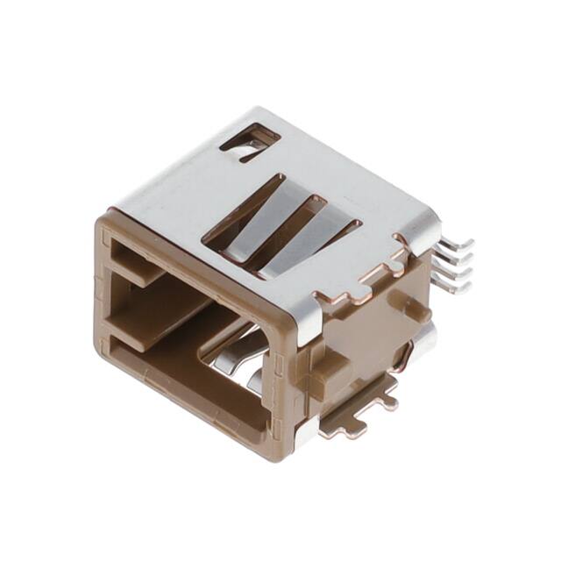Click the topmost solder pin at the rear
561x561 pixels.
(x=458, y=243)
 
